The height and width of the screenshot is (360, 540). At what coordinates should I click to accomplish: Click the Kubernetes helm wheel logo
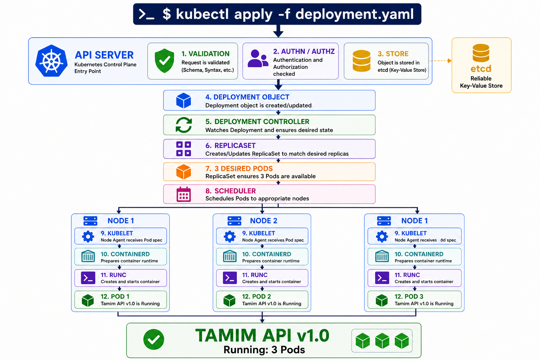[51, 61]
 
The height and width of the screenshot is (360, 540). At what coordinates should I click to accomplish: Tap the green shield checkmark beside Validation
[165, 61]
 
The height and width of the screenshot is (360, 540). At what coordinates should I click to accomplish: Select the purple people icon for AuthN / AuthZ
[258, 58]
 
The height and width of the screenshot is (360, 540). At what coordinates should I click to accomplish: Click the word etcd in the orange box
[481, 69]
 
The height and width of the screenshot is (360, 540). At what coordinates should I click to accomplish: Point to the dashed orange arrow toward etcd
[440, 61]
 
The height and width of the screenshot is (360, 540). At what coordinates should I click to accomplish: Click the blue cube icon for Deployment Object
[184, 101]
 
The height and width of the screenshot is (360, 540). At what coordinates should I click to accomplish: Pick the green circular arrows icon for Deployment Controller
[184, 125]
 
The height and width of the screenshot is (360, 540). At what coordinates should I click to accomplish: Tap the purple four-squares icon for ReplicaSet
[184, 149]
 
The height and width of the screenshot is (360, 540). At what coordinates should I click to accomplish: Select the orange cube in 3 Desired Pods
[184, 172]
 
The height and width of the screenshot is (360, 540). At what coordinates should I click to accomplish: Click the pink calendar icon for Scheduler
[184, 194]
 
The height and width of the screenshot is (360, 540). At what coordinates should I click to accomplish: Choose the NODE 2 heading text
[263, 221]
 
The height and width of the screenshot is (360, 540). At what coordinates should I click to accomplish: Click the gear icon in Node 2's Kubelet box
[230, 237]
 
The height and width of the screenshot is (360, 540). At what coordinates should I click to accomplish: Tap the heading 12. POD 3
[409, 296]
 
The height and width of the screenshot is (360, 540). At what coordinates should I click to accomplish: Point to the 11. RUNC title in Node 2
[255, 275]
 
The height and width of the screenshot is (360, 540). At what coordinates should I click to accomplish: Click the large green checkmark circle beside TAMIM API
[154, 340]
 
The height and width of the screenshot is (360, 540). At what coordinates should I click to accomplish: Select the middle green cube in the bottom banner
[382, 341]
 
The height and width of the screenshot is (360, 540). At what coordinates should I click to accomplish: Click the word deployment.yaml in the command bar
[354, 14]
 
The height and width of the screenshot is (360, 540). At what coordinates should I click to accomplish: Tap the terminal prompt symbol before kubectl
[146, 14]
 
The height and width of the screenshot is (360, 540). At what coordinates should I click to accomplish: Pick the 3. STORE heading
[393, 54]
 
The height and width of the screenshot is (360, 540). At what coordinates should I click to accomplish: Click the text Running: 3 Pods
[264, 350]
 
